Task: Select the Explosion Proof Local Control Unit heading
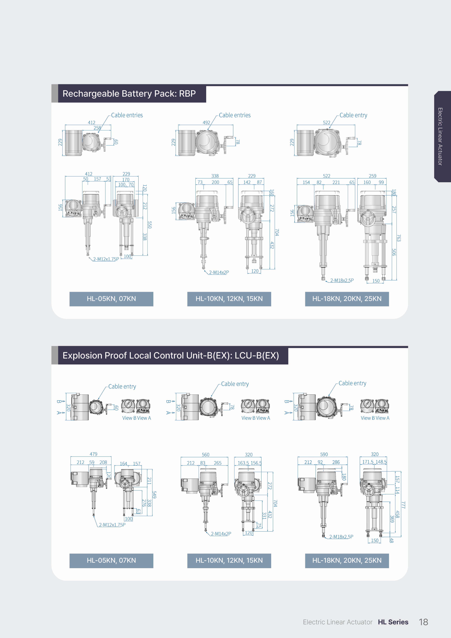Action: point(171,355)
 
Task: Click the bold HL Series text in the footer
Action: point(393,622)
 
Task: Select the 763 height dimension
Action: point(399,238)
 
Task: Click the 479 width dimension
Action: point(93,454)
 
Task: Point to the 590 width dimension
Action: point(324,454)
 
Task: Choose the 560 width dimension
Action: point(206,455)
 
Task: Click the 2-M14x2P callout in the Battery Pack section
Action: point(219,272)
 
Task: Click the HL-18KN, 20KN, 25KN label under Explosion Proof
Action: point(347,561)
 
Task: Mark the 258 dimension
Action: point(97,128)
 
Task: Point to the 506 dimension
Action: point(394,252)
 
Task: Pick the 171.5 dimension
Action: point(368,462)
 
